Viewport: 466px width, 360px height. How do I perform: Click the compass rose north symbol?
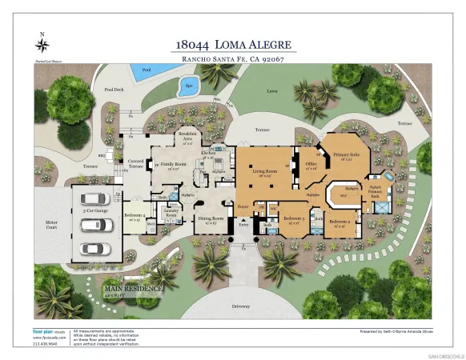42,43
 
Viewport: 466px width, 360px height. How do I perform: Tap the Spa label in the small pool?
189,84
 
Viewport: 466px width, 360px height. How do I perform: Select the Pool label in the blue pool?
145,70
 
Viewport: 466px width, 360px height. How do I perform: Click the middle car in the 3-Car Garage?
97,224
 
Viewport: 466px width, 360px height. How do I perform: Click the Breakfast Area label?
187,134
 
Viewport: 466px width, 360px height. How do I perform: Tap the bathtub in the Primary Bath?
388,175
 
